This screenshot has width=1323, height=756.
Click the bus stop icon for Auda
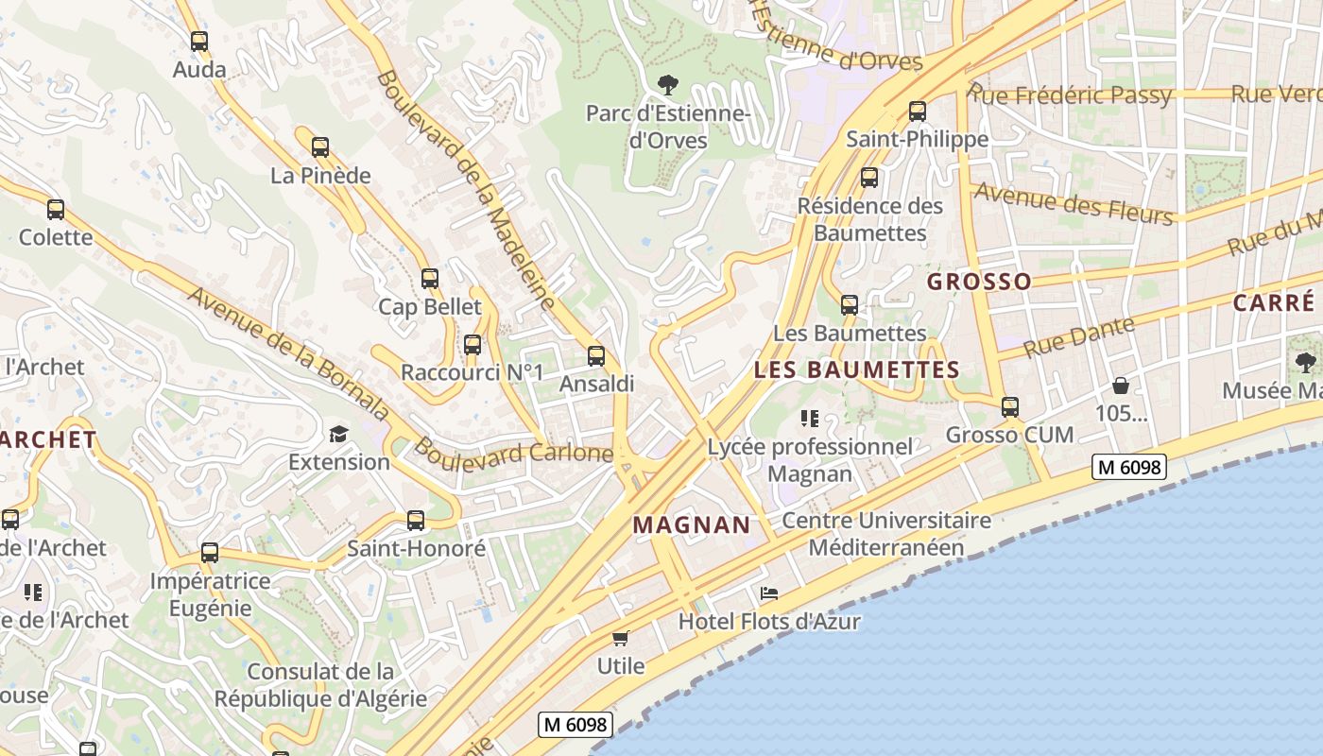pyautogui.click(x=198, y=42)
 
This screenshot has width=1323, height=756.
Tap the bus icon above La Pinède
pyautogui.click(x=320, y=147)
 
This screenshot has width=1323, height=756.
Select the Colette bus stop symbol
pyautogui.click(x=56, y=210)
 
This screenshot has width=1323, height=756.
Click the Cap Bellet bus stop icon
pyautogui.click(x=430, y=279)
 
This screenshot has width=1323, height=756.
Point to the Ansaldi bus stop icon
pyautogui.click(x=596, y=356)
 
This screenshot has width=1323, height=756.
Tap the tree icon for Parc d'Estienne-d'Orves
pyautogui.click(x=668, y=85)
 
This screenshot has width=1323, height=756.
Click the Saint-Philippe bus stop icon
pyautogui.click(x=918, y=112)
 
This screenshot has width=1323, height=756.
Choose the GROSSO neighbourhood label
pyautogui.click(x=979, y=282)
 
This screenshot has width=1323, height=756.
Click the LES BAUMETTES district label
pyautogui.click(x=857, y=369)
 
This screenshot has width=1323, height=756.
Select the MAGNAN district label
pyautogui.click(x=692, y=524)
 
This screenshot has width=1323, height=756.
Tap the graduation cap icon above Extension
pyautogui.click(x=338, y=434)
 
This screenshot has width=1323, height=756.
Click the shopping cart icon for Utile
pyautogui.click(x=621, y=638)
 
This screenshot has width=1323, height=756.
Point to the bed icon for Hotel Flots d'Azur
pyautogui.click(x=769, y=593)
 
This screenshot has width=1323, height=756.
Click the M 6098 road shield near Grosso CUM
pyautogui.click(x=1128, y=466)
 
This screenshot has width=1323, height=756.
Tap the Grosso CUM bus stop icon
pyautogui.click(x=1010, y=407)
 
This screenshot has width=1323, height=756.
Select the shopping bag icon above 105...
pyautogui.click(x=1121, y=386)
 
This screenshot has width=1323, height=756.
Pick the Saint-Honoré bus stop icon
pyautogui.click(x=416, y=520)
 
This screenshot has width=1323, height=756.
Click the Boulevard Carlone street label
pyautogui.click(x=513, y=451)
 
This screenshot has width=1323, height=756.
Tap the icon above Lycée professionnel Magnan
pyautogui.click(x=809, y=419)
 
